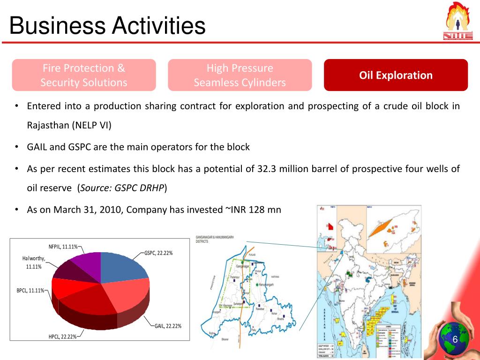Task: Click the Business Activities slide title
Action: pos(107,25)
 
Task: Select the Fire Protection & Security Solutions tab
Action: pos(84,75)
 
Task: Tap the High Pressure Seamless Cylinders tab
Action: pos(240,75)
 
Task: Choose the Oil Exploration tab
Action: pos(396,75)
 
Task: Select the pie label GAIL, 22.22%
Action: pos(168,326)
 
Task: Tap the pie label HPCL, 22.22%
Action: pos(63,337)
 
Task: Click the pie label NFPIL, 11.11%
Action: pos(63,247)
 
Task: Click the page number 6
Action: pos(454,339)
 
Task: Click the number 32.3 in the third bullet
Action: pos(267,169)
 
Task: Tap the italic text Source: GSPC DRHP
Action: pos(122,188)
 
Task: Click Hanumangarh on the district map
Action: pos(266,285)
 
